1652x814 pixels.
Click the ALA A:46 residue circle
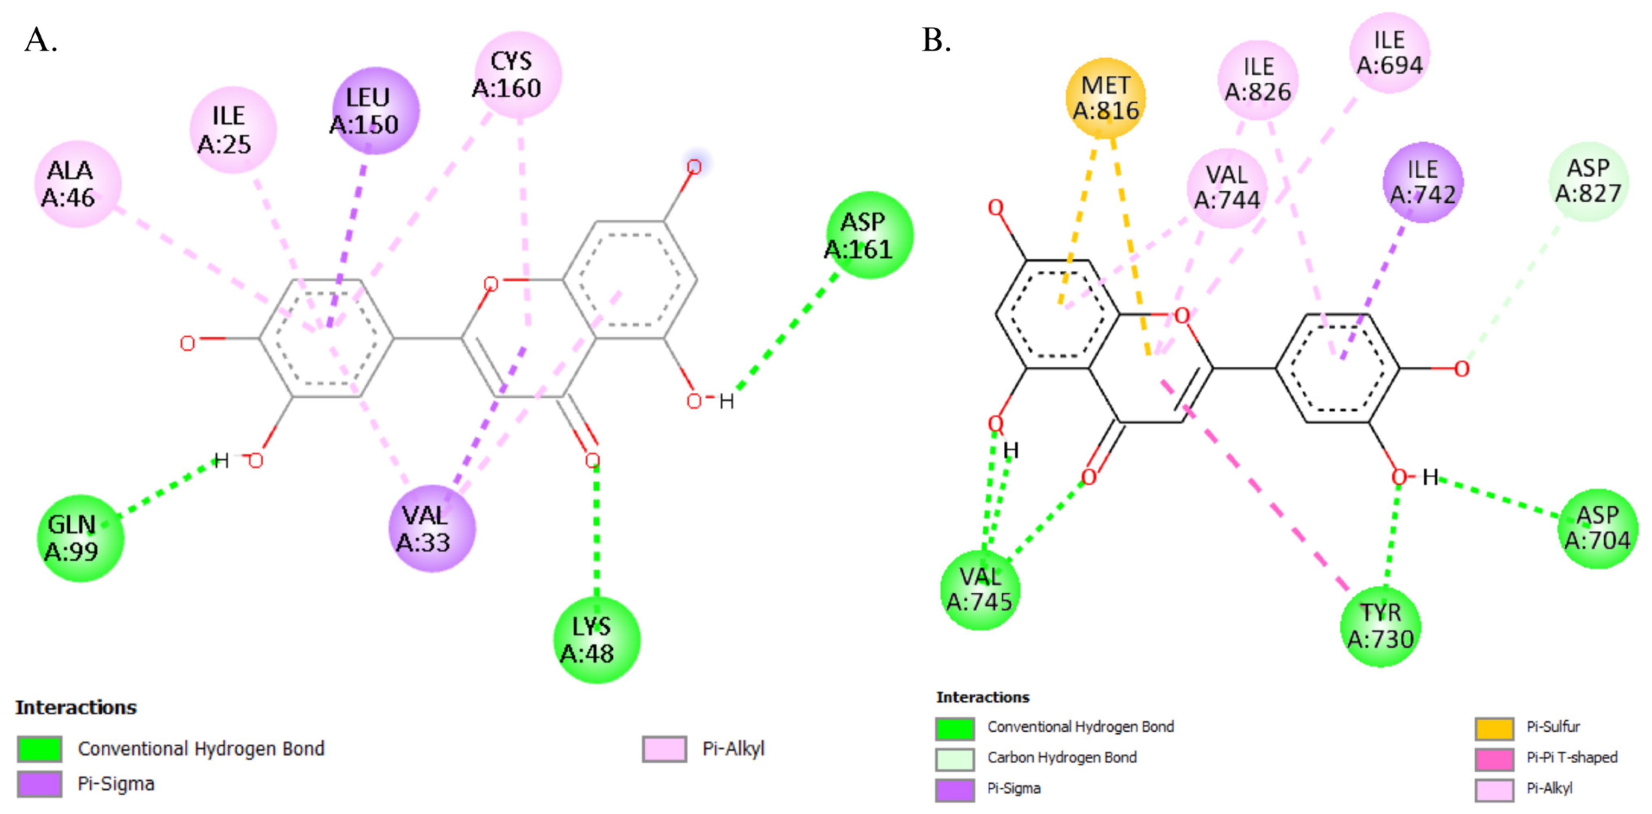click(77, 184)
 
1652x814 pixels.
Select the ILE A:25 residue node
click(233, 130)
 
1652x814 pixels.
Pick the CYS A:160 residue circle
click(518, 75)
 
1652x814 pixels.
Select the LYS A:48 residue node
click(596, 640)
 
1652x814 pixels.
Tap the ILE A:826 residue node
click(1258, 79)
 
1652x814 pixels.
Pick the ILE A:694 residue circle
click(1389, 53)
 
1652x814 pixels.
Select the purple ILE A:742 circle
click(1422, 182)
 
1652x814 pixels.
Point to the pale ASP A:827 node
click(1588, 182)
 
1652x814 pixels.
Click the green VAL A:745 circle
click(979, 589)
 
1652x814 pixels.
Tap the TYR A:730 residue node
click(1380, 626)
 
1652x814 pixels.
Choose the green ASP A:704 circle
click(1597, 528)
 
